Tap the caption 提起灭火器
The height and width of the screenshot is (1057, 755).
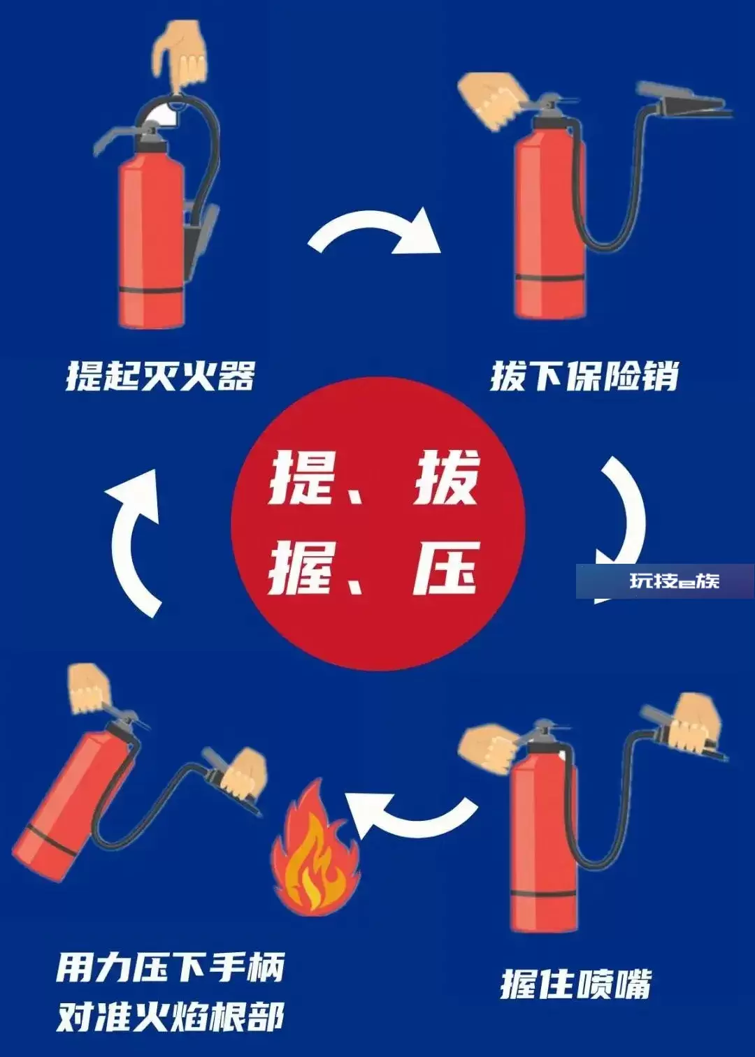(160, 376)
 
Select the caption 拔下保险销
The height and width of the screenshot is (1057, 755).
(584, 376)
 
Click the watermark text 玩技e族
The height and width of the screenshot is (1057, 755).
(675, 581)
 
